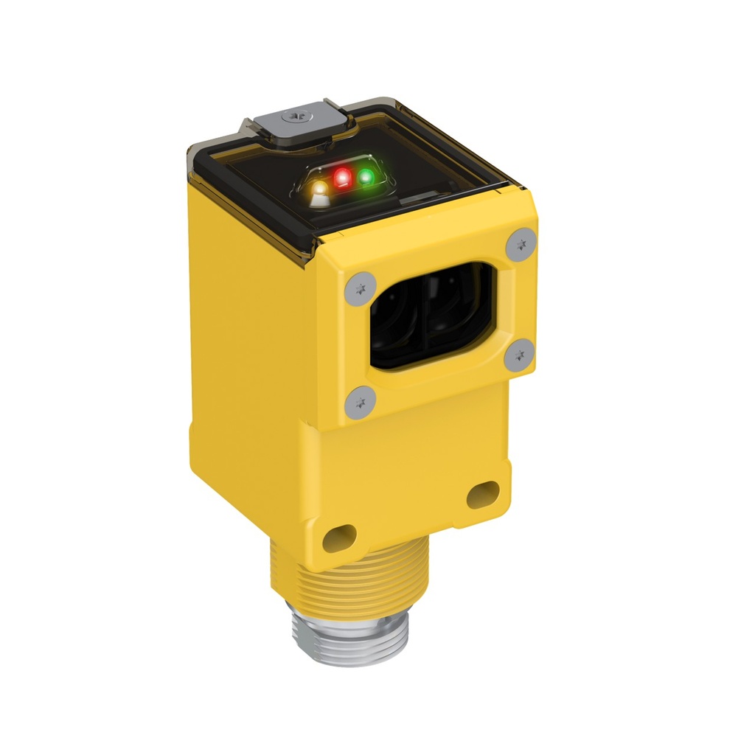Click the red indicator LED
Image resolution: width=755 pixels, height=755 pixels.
[342, 178]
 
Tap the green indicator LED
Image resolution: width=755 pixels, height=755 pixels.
[366, 177]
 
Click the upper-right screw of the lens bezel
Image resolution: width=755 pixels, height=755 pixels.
[521, 243]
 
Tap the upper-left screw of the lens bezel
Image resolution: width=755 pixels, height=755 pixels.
[359, 288]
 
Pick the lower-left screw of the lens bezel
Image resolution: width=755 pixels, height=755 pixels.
[360, 402]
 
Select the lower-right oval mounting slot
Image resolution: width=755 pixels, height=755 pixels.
[482, 493]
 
